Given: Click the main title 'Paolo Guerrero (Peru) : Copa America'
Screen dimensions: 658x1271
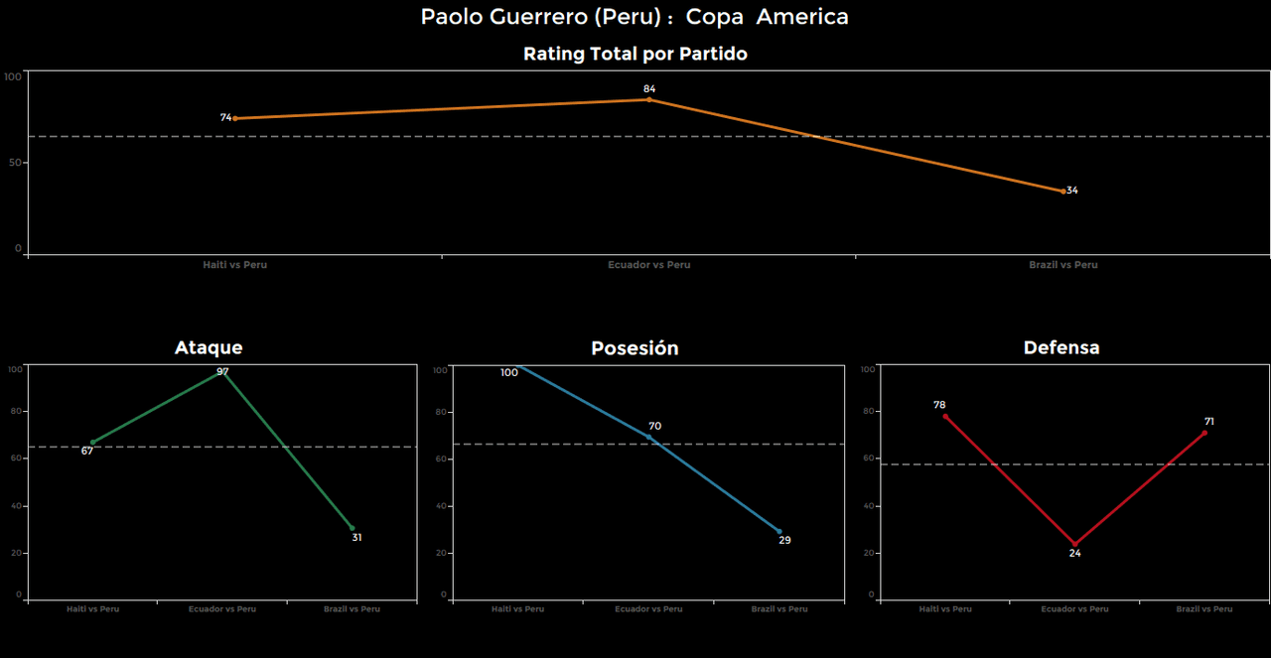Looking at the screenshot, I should click(x=635, y=17).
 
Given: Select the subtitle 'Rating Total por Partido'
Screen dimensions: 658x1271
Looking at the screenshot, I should click(x=635, y=55).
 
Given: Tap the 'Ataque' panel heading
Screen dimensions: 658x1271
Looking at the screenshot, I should click(x=209, y=347).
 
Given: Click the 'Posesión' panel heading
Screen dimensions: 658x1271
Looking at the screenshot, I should click(x=635, y=348).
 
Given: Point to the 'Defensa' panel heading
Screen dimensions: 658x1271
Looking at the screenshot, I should click(x=1061, y=347).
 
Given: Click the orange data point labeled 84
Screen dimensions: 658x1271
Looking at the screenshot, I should click(x=649, y=99).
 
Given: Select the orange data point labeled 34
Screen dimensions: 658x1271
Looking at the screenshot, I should click(x=1063, y=191).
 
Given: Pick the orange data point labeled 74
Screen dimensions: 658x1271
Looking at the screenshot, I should click(x=235, y=118).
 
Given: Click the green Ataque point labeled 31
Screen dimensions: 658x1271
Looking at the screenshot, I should click(x=353, y=528).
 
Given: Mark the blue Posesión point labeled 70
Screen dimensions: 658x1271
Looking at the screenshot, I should click(x=649, y=437).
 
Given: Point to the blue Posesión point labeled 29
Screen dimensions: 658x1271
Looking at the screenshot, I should click(x=779, y=532).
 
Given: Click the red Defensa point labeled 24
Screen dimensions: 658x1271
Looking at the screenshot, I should click(x=1074, y=544).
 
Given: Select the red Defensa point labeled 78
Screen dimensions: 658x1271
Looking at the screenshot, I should click(x=945, y=416).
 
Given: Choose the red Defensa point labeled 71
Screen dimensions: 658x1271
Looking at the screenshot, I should click(x=1204, y=433).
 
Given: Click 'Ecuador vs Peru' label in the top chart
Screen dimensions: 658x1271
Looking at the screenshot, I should click(x=649, y=265).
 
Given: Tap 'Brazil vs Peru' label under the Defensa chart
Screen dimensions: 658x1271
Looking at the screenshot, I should click(x=1204, y=609).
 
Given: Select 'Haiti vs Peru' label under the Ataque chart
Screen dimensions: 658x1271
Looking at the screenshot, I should click(x=92, y=609).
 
